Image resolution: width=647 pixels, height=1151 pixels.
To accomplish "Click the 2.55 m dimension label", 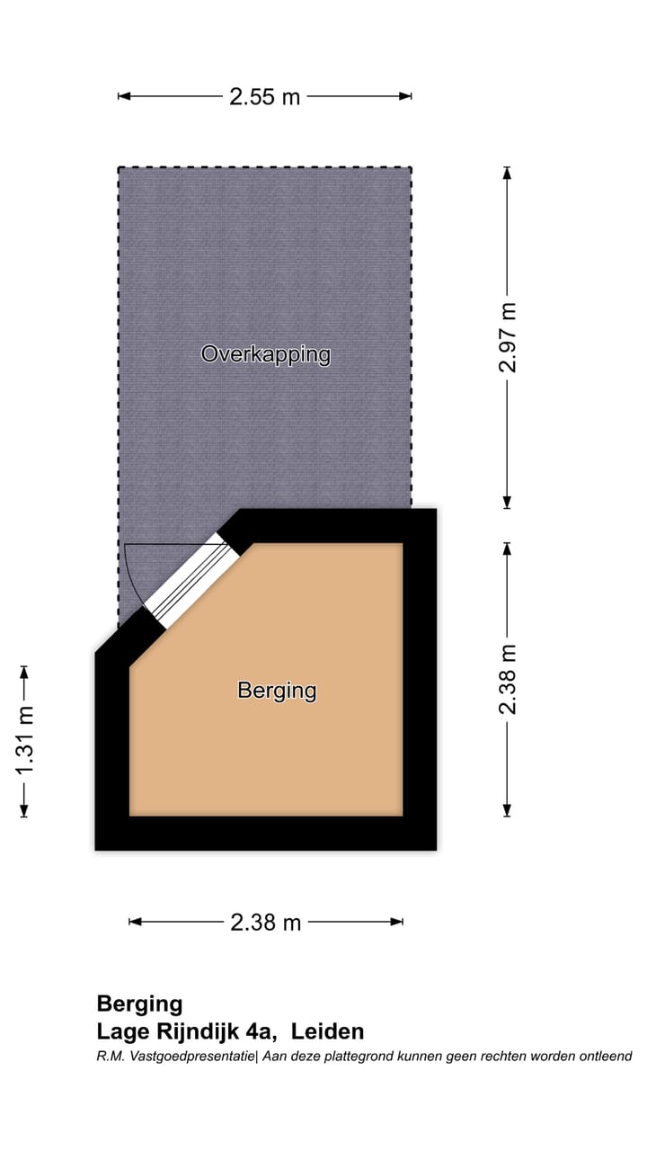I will [x=264, y=97].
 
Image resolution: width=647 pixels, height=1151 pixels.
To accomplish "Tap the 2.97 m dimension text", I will [x=510, y=337].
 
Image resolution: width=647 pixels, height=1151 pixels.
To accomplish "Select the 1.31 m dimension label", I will [x=25, y=741].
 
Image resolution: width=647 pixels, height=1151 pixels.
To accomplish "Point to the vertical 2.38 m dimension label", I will [x=510, y=679].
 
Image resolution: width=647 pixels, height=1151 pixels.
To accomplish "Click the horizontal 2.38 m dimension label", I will [x=265, y=922].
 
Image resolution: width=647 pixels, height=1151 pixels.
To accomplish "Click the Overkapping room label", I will [x=265, y=354].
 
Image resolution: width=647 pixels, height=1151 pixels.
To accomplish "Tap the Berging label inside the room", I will [x=277, y=691].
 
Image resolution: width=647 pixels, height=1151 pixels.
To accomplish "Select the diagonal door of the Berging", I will [x=191, y=581].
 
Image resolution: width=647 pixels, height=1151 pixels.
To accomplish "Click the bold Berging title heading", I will [x=139, y=1004].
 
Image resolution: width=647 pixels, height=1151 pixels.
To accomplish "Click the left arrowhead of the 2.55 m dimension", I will [x=120, y=96].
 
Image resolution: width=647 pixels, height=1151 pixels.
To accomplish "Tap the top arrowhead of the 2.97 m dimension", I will [x=507, y=170].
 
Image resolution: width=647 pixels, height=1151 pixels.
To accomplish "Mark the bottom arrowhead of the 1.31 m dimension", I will [x=24, y=815].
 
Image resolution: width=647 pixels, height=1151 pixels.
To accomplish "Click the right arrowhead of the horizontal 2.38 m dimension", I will [x=400, y=922].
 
